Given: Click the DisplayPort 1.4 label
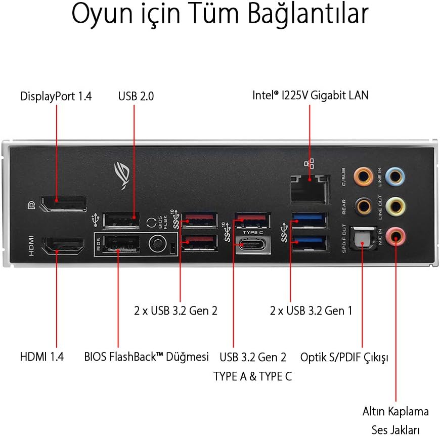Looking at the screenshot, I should (x=56, y=96).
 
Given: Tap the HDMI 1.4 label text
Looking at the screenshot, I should (x=42, y=356).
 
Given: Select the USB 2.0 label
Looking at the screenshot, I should (x=136, y=96).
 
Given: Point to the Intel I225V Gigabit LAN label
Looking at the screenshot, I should (x=311, y=95).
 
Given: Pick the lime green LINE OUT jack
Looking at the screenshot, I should (x=395, y=206).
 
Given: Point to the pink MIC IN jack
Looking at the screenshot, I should (x=395, y=235).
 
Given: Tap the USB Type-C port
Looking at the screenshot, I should (x=251, y=246).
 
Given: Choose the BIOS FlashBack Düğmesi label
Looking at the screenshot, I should (x=147, y=356).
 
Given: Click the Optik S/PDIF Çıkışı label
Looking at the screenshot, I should (x=344, y=357).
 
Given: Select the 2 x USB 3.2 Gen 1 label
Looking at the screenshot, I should (x=311, y=311).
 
